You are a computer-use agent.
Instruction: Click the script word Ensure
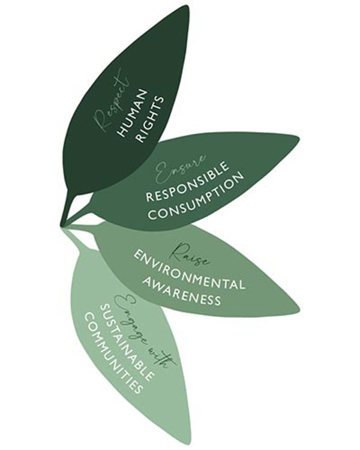click(180, 169)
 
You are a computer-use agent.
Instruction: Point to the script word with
click(164, 357)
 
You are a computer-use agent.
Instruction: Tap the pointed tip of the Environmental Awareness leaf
click(300, 310)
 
